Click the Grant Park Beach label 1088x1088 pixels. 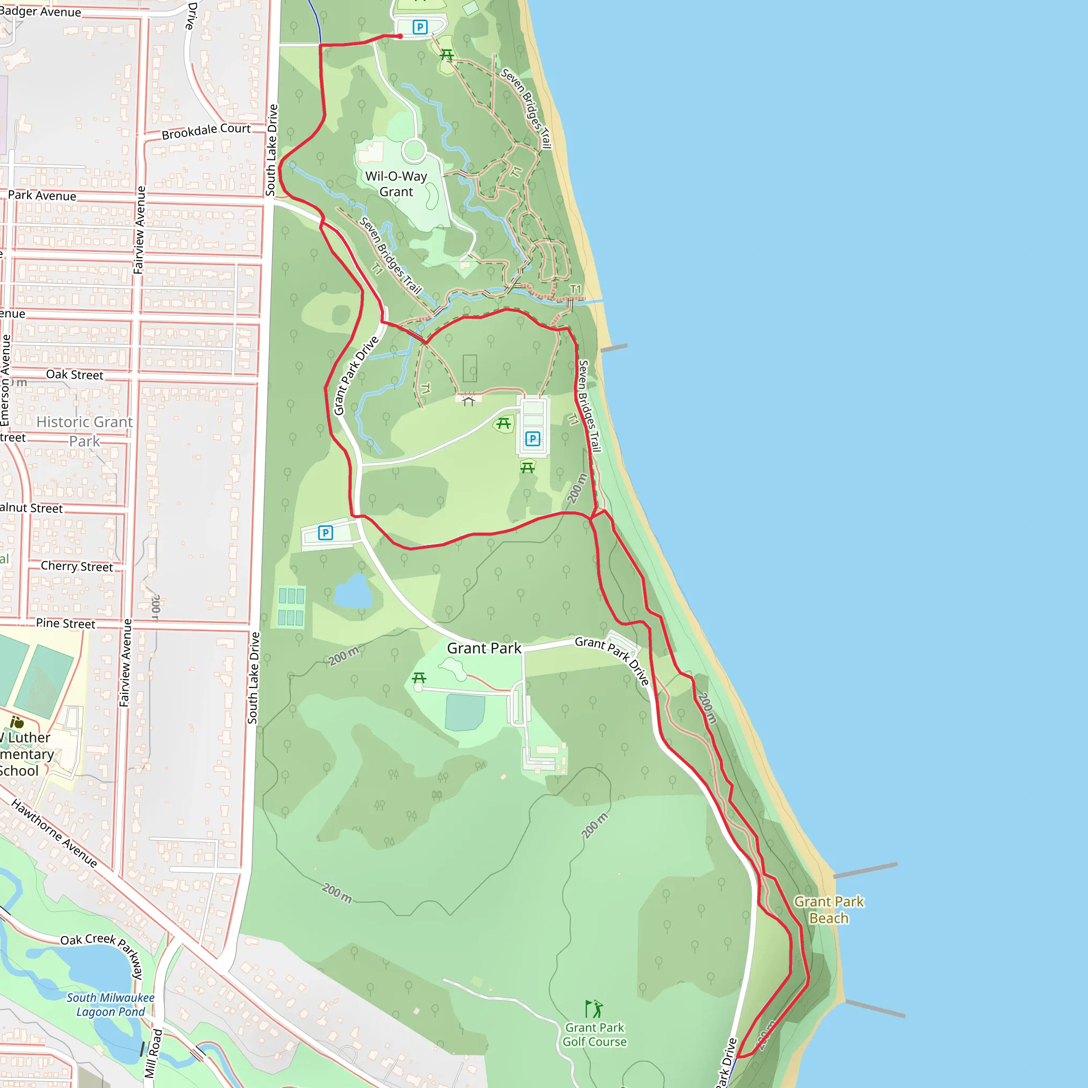828,909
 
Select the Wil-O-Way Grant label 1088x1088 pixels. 396,184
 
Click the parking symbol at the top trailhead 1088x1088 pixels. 420,27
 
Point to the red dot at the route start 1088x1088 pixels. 400,37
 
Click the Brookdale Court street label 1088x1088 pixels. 206,131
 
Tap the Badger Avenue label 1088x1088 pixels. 40,12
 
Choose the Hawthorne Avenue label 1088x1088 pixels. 54,833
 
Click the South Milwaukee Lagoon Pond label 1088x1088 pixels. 110,1005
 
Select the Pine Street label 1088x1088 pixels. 65,623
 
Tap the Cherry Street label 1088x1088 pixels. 76,566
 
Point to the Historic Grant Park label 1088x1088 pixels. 84,431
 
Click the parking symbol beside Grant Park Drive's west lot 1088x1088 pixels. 326,533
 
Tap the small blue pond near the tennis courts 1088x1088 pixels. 353,592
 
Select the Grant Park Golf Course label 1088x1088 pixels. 594,1034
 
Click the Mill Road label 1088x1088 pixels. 153,1053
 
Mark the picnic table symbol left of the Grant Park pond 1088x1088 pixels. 419,677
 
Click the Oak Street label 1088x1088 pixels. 74,375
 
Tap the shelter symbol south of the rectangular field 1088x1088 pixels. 469,401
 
